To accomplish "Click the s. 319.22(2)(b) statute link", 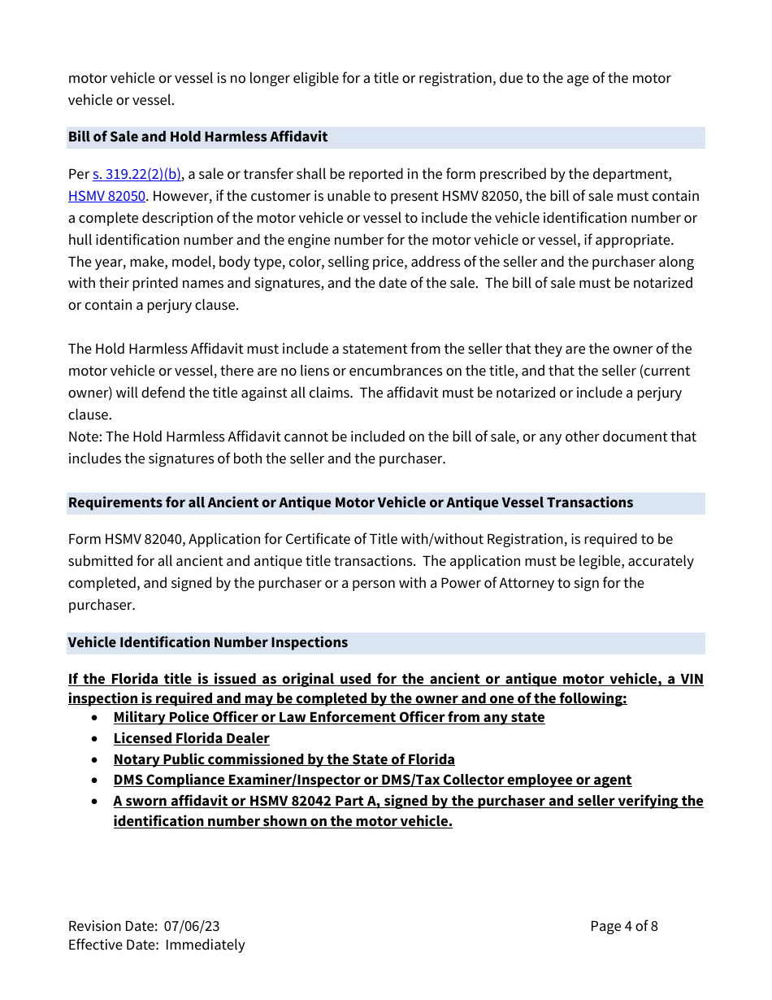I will [x=137, y=174].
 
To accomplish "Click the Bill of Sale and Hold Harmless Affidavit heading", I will [x=197, y=137].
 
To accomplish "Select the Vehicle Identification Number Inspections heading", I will [x=207, y=642].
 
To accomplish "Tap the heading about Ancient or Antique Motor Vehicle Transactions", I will [x=350, y=502].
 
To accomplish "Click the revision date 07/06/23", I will [x=192, y=926].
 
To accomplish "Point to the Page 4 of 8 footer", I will [x=623, y=926].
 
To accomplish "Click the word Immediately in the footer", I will [x=205, y=945].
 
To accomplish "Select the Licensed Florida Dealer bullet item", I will [x=191, y=738].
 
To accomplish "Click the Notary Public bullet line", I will [x=284, y=759].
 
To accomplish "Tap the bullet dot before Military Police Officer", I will [x=97, y=718].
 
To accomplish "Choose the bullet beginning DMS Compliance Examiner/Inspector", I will [x=372, y=780].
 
